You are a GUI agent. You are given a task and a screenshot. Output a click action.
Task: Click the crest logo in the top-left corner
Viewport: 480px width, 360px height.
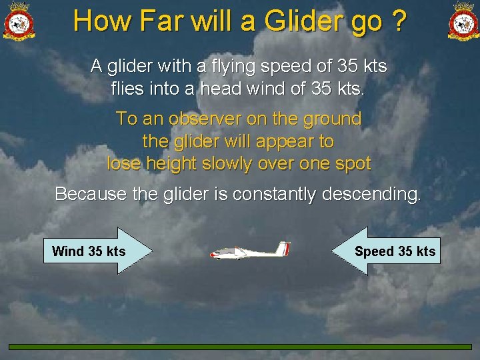(x=18, y=21)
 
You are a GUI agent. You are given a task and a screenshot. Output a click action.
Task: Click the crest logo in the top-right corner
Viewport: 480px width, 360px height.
(x=463, y=21)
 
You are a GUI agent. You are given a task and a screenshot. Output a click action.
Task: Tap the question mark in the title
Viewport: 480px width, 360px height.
(x=399, y=21)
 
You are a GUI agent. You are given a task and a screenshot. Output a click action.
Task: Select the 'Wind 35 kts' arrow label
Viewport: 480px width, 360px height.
(x=89, y=251)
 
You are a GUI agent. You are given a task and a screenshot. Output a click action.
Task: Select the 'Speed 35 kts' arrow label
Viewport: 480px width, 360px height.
(x=395, y=251)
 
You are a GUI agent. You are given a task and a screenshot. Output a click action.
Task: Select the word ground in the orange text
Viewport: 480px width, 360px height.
(x=333, y=119)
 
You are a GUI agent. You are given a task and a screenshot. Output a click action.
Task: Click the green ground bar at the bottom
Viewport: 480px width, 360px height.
(x=240, y=347)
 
